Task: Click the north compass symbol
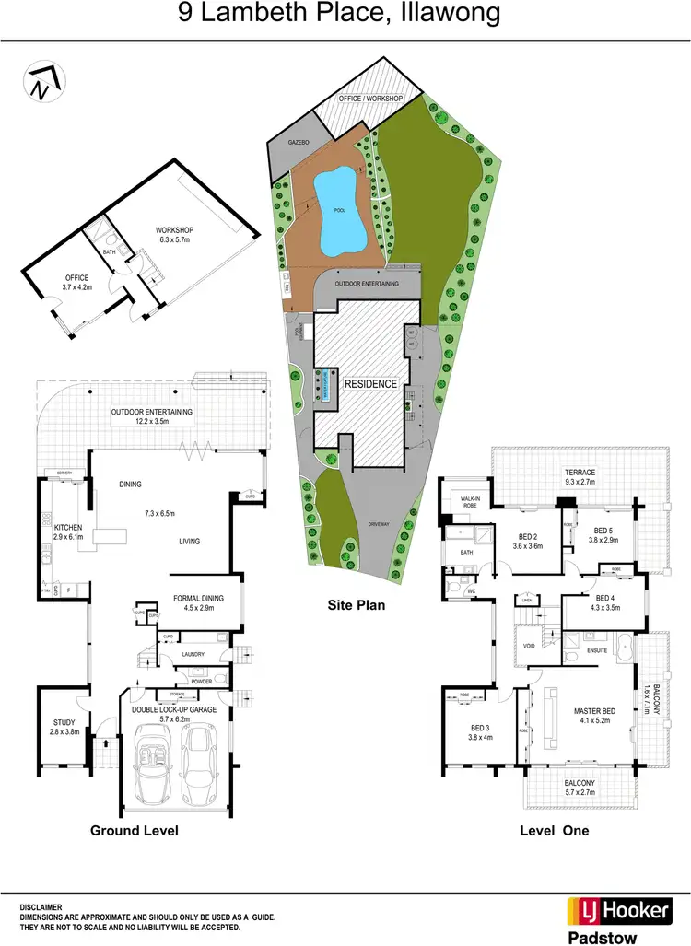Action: point(40,81)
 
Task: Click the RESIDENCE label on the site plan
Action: point(371,383)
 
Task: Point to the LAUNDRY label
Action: point(193,655)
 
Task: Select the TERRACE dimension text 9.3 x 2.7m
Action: point(580,481)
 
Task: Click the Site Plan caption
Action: point(356,606)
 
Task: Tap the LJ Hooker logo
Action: point(617,910)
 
